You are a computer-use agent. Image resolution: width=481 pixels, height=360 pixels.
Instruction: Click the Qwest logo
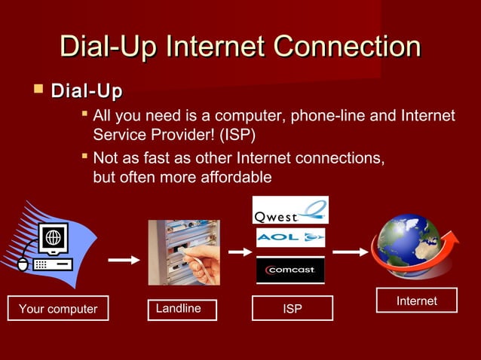290,210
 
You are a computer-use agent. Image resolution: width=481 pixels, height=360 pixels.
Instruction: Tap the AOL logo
290,238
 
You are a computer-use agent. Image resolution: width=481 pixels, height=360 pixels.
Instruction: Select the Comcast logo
290,270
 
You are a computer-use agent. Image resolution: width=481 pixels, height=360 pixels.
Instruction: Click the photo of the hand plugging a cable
183,252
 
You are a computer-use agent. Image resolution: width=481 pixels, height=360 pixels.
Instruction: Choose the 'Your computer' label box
58,309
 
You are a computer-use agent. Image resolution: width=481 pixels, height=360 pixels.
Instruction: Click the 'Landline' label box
182,309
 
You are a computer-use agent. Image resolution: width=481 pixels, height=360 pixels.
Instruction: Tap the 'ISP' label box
292,309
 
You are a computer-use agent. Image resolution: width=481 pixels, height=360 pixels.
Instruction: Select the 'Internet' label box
416,301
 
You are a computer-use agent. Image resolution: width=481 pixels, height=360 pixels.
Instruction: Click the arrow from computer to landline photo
124,261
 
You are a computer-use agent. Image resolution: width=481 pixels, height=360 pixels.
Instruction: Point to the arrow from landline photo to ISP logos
239,252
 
